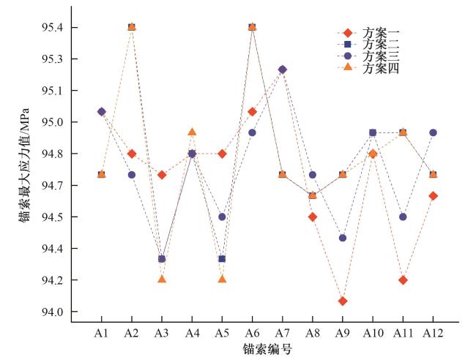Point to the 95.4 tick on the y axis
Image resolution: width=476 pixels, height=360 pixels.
(56, 27)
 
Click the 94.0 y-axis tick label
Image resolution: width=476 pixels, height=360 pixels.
(56, 312)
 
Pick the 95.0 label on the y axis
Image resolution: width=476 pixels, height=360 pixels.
(56, 122)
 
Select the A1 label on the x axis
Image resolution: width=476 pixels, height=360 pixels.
(101, 333)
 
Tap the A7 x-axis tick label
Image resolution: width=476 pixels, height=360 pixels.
(283, 333)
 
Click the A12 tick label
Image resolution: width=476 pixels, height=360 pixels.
(433, 333)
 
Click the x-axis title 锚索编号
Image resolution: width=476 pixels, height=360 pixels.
(267, 349)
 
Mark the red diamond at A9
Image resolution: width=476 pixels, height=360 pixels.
(343, 301)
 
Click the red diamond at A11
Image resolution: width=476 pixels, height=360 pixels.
(403, 280)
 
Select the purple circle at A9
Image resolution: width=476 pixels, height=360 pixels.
(343, 238)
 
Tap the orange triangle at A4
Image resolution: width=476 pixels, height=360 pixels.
(192, 132)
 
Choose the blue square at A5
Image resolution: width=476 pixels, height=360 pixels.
(222, 259)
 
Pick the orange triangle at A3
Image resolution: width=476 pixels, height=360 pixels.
(162, 279)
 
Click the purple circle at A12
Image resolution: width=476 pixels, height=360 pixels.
(433, 132)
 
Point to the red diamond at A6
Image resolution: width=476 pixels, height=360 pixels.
(252, 112)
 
